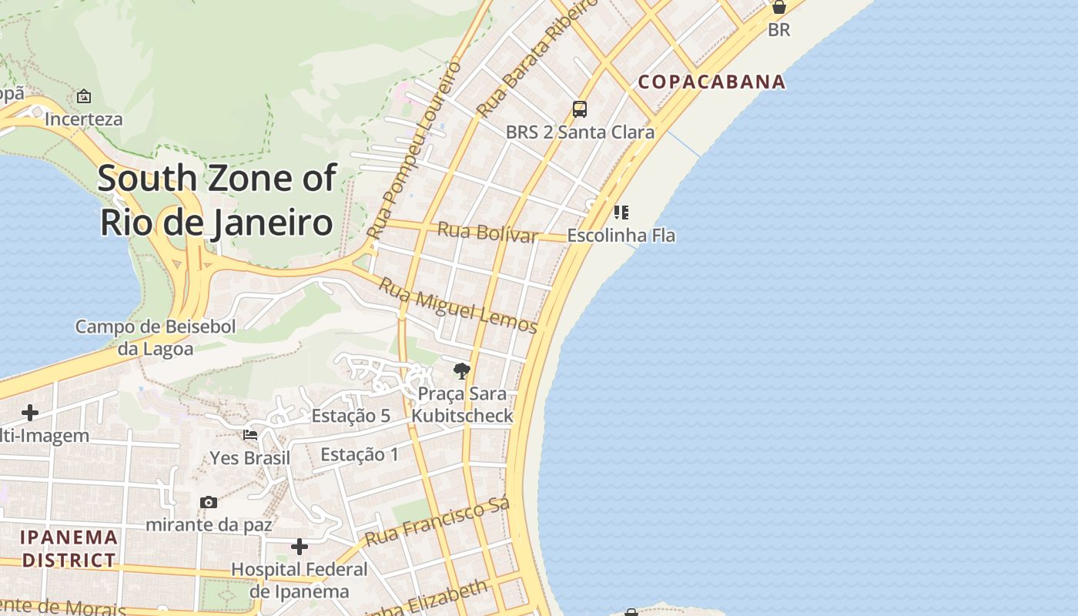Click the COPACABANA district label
[x=711, y=82]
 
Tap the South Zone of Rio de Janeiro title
[x=216, y=200]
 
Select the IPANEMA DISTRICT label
[x=69, y=548]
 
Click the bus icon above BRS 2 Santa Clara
[x=580, y=109]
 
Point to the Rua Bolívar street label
[x=487, y=231]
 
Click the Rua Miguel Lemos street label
[x=458, y=305]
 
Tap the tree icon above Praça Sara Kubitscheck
[x=461, y=372]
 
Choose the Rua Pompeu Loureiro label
[x=414, y=149]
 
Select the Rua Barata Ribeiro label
[x=537, y=59]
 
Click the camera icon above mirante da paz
[x=209, y=502]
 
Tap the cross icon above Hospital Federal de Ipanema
[x=300, y=547]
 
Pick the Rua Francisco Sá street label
[x=437, y=522]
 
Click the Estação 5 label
[x=350, y=416]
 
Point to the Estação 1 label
[x=360, y=454]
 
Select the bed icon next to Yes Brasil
[x=250, y=435]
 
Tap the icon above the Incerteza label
[x=84, y=97]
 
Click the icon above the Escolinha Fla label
[x=621, y=212]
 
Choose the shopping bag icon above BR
[x=779, y=8]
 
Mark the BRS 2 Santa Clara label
[x=580, y=132]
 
